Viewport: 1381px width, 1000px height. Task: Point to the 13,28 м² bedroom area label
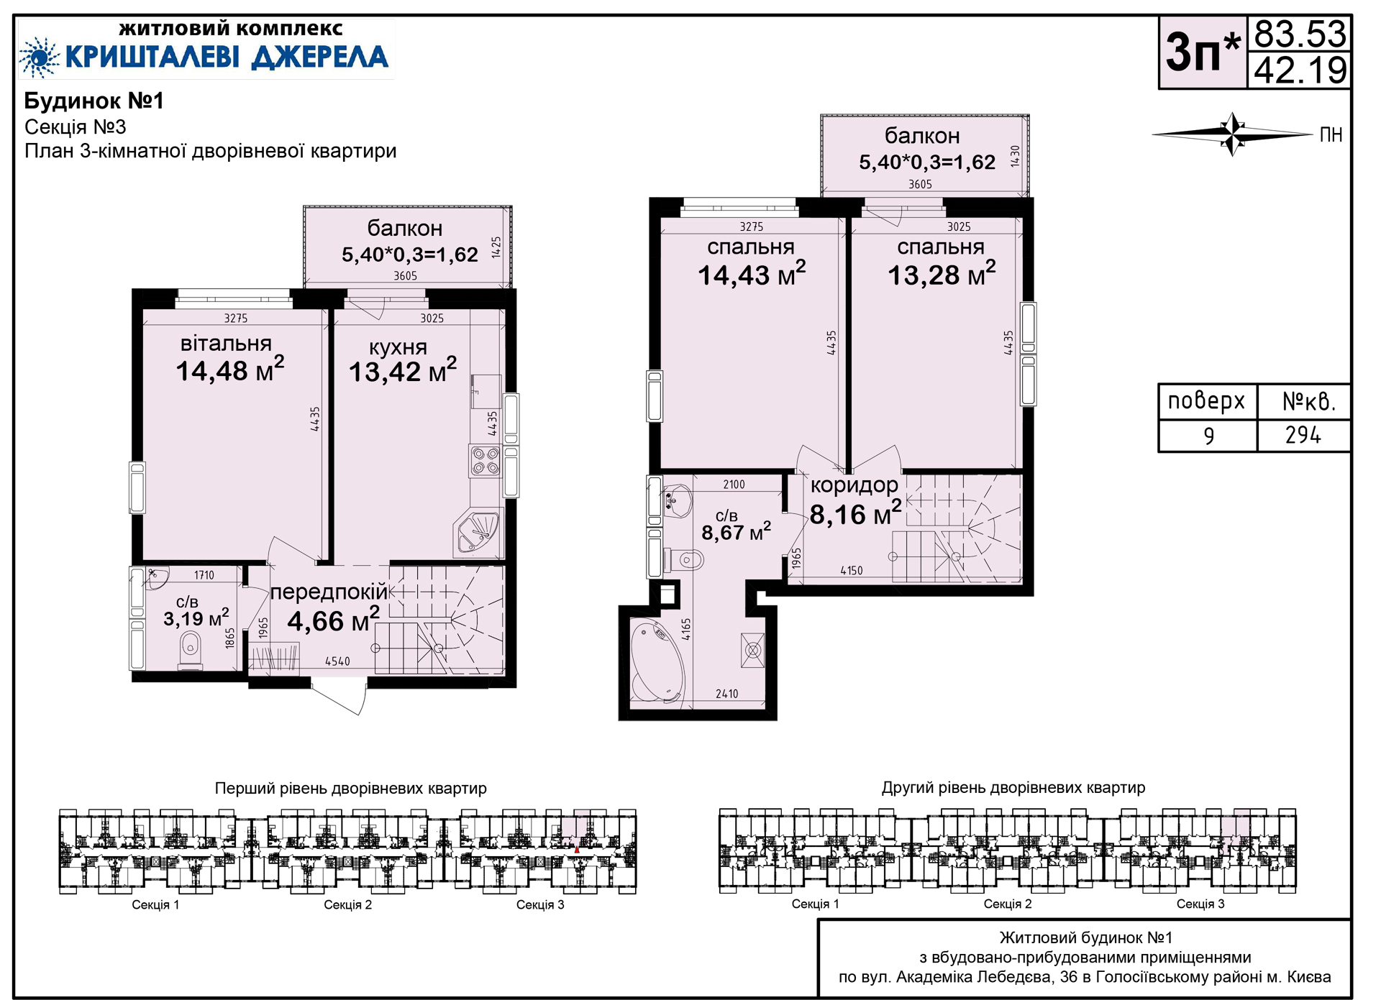point(942,274)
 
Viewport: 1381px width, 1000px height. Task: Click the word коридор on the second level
point(854,485)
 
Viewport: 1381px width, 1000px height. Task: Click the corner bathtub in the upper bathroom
point(657,661)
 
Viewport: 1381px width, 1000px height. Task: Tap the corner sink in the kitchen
point(477,533)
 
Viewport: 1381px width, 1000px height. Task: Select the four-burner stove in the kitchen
point(485,461)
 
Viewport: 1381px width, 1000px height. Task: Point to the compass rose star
point(1233,134)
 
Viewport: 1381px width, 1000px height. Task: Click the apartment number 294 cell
point(1303,435)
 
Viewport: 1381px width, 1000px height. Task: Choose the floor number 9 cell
point(1208,436)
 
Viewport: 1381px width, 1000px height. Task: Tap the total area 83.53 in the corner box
point(1300,34)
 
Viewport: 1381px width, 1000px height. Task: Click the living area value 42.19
point(1300,70)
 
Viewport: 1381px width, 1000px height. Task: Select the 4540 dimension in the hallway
point(337,661)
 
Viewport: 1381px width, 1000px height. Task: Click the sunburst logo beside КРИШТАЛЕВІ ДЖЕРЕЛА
point(39,57)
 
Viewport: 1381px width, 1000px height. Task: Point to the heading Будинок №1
point(94,101)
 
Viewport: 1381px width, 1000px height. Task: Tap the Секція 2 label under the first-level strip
point(347,904)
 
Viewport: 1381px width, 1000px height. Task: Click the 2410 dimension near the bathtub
point(726,694)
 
